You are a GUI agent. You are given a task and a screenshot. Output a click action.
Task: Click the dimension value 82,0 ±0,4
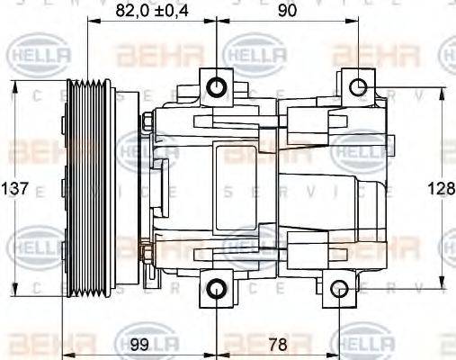pyautogui.click(x=154, y=13)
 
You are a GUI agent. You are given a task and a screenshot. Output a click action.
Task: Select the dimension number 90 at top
pyautogui.click(x=286, y=13)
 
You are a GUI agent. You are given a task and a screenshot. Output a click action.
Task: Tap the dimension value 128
pyautogui.click(x=441, y=189)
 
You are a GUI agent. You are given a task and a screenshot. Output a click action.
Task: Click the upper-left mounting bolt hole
pyautogui.click(x=218, y=87)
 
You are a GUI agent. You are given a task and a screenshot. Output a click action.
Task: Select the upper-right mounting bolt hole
pyautogui.click(x=357, y=87)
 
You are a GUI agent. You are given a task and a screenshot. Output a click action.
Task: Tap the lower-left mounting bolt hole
pyautogui.click(x=218, y=288)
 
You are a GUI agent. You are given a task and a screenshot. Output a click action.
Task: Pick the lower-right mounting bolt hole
pyautogui.click(x=338, y=288)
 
